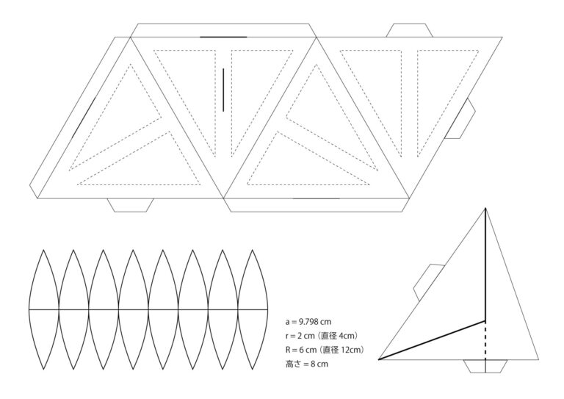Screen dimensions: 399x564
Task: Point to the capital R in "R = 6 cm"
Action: [288, 350]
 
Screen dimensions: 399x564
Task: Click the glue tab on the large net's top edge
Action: [408, 31]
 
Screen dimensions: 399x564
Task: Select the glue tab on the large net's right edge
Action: [465, 119]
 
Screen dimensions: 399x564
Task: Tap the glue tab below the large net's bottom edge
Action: [131, 205]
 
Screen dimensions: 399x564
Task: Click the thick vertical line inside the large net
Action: [223, 90]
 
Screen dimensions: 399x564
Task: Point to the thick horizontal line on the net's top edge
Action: [223, 37]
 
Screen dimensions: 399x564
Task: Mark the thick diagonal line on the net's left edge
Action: [84, 116]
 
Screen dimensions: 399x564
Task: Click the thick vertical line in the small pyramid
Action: [486, 265]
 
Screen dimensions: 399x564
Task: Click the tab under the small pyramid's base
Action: [485, 366]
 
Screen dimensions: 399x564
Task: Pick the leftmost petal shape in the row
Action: [43, 309]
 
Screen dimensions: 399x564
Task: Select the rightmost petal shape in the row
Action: [252, 309]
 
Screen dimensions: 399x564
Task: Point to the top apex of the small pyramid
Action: [486, 209]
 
